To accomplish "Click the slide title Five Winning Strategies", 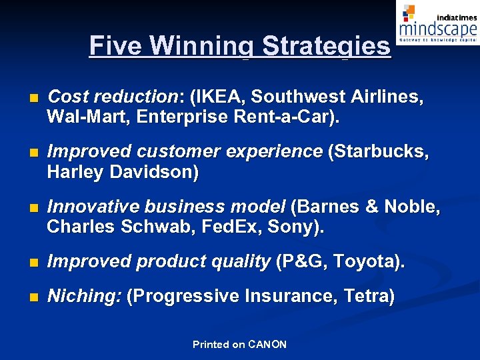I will click(x=240, y=46).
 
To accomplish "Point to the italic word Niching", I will click(x=84, y=296).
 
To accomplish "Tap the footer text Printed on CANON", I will click(x=239, y=345).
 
